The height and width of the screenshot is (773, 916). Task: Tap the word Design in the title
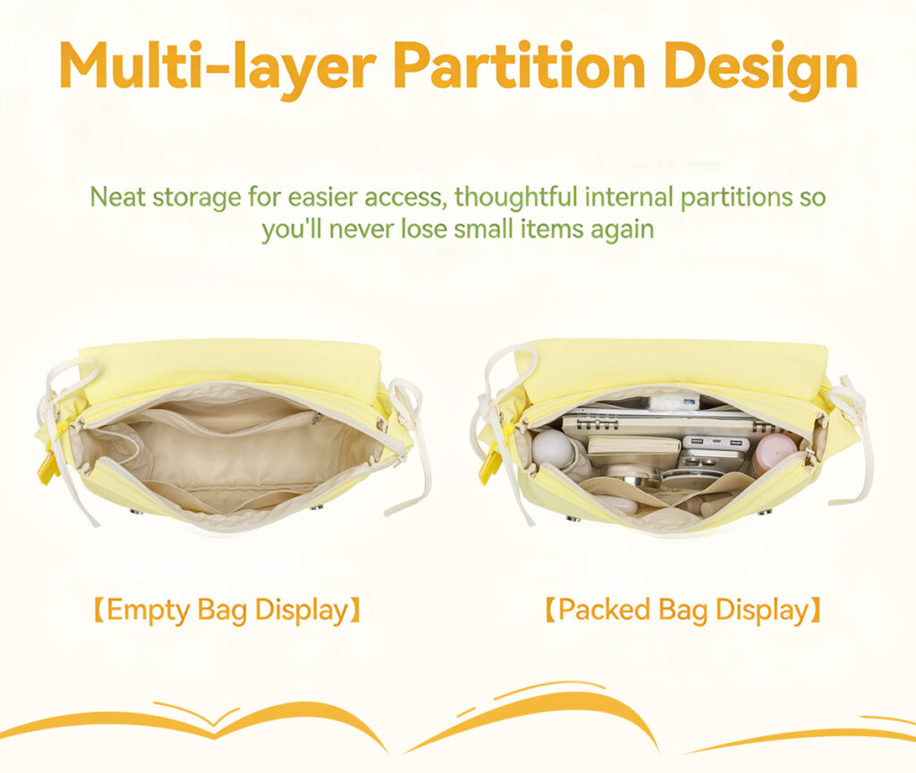(760, 70)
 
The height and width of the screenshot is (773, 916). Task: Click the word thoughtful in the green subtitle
(516, 196)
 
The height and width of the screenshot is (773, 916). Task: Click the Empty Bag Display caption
(226, 610)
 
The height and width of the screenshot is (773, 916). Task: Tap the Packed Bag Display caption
(683, 610)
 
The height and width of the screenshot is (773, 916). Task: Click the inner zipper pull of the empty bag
(316, 418)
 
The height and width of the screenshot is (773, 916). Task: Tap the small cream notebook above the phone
(634, 446)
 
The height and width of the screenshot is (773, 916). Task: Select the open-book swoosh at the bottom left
(193, 723)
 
